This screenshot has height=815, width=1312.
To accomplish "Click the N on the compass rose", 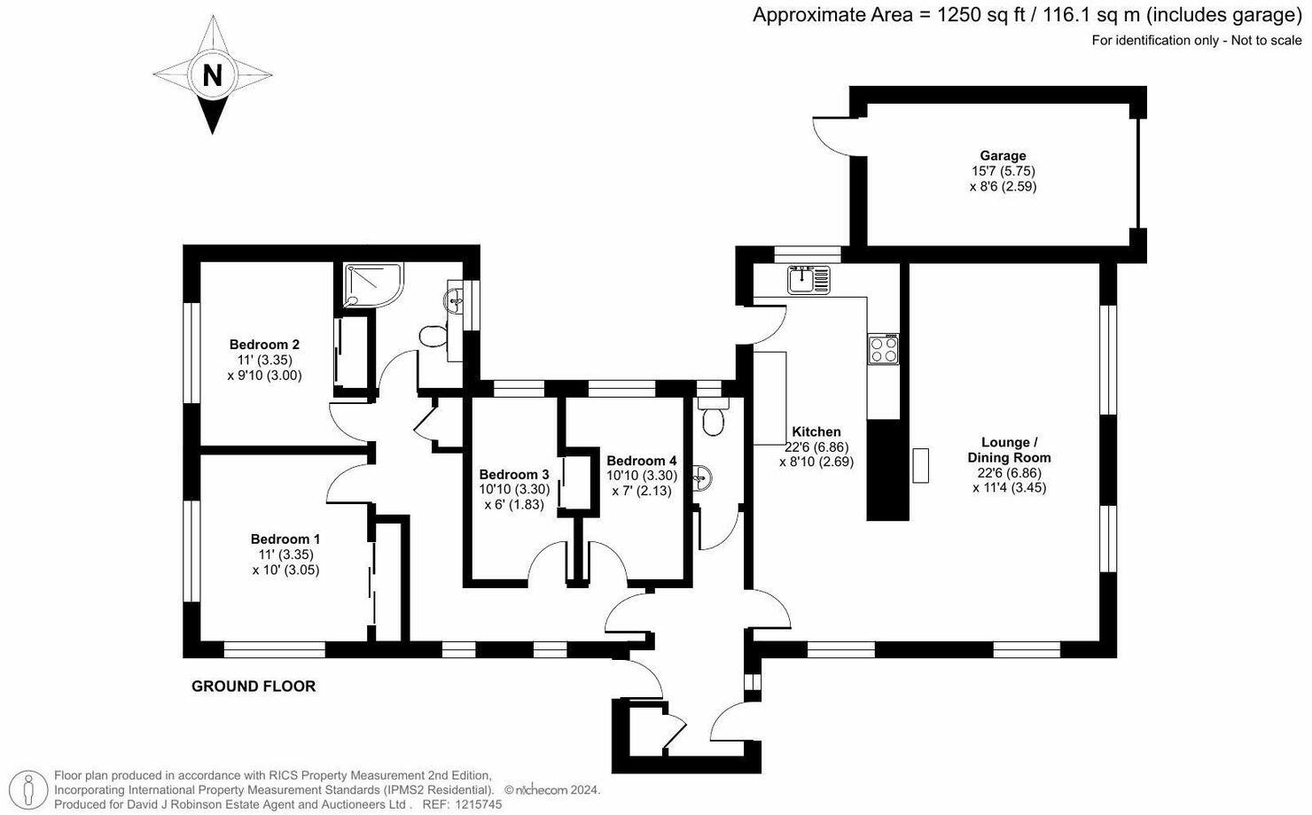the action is pyautogui.click(x=213, y=75).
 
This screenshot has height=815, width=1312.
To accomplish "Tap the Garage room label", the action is pyautogui.click(x=1003, y=156).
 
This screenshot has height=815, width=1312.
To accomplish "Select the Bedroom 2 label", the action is pyautogui.click(x=264, y=345).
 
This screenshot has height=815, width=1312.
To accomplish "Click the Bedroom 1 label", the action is pyautogui.click(x=285, y=539).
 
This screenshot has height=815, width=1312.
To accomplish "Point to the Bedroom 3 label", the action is pyautogui.click(x=514, y=474).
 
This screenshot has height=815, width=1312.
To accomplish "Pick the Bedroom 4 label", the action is pyautogui.click(x=642, y=461).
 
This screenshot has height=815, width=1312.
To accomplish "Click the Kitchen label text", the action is pyautogui.click(x=816, y=432).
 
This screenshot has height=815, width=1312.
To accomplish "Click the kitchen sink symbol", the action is pyautogui.click(x=809, y=280).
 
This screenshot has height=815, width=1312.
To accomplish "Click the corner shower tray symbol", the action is pyautogui.click(x=371, y=283).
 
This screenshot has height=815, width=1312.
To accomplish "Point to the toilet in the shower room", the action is pyautogui.click(x=433, y=337).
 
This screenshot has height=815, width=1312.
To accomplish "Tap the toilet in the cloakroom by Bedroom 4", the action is pyautogui.click(x=712, y=422).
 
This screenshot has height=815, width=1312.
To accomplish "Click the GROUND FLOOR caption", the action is pyautogui.click(x=254, y=686).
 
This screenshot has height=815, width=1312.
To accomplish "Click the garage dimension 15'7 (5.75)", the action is pyautogui.click(x=1003, y=171).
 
